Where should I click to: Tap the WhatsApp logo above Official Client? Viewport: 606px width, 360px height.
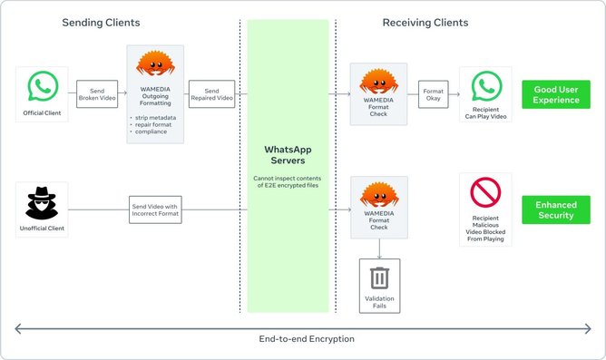(x=43, y=87)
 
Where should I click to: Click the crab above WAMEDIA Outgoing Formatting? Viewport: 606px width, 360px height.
(x=154, y=65)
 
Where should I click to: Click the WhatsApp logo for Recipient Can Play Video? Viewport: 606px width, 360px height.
(x=485, y=85)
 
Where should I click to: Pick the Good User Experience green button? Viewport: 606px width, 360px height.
(x=555, y=94)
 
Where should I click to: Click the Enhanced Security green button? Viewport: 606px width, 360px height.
(x=555, y=209)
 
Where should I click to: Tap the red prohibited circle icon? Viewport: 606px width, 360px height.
(x=485, y=193)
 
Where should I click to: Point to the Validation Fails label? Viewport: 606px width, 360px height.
(x=379, y=302)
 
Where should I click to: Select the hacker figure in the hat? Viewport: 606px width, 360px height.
(x=43, y=202)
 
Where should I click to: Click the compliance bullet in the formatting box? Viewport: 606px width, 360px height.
(x=150, y=132)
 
